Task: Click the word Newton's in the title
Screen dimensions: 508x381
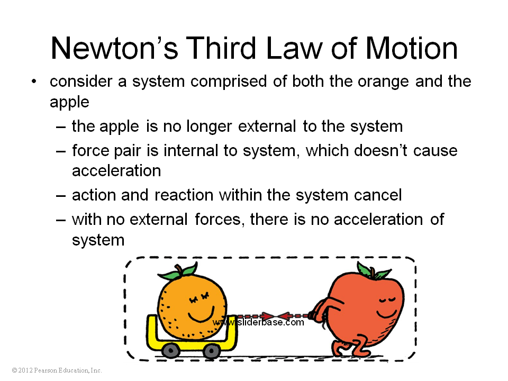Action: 114,48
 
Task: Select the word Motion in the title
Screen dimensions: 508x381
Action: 412,48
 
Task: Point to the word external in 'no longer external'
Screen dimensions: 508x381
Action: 267,126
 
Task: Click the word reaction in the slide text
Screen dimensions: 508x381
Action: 184,195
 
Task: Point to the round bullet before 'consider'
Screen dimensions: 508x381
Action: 34,81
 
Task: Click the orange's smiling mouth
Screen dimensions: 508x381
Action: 201,314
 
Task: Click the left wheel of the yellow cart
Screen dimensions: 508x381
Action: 171,350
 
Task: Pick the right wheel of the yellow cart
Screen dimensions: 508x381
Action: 212,350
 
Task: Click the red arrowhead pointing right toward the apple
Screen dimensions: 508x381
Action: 268,316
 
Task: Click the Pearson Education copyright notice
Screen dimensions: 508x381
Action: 57,370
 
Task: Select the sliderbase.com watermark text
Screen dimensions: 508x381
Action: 258,322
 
